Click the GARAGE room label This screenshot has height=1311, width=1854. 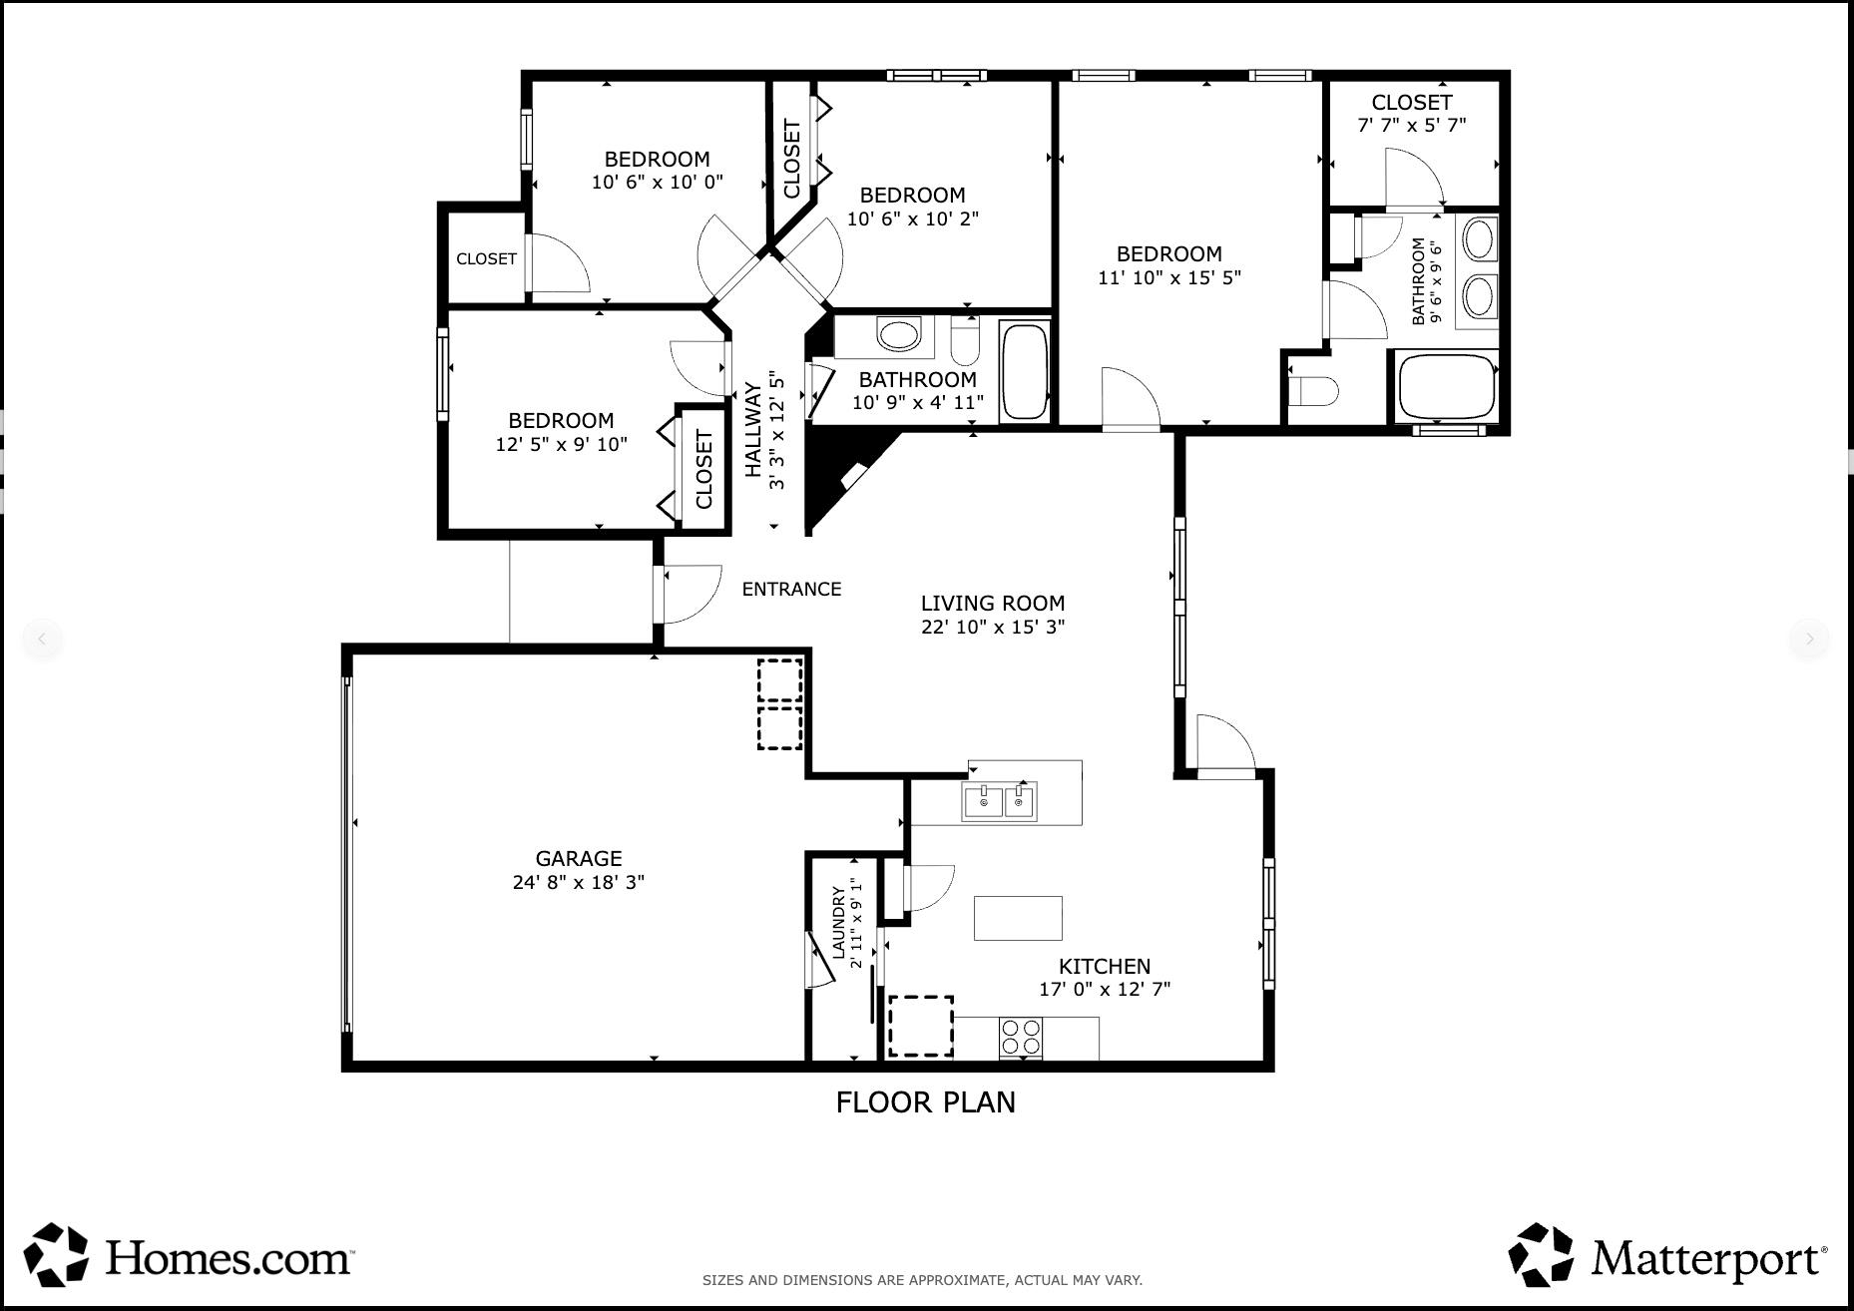579,858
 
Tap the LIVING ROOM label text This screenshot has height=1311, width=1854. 992,603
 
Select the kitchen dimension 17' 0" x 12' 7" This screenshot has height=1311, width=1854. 1104,989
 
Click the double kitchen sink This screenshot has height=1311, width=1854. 999,801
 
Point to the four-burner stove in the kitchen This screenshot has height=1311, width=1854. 1020,1037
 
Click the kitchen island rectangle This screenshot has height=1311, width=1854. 1018,918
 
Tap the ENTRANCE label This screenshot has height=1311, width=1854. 791,589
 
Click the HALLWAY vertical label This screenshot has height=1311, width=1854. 753,430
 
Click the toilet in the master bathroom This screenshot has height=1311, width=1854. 1312,391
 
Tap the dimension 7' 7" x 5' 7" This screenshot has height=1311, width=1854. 1411,126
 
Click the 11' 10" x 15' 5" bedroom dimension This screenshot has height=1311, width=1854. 1168,277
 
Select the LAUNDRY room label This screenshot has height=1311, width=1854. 838,922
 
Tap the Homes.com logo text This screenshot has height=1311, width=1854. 228,1257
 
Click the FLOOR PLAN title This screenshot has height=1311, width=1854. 925,1101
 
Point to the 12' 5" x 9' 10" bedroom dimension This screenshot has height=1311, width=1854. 561,444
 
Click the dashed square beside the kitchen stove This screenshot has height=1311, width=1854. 920,1026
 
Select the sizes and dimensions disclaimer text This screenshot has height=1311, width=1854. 922,1280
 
